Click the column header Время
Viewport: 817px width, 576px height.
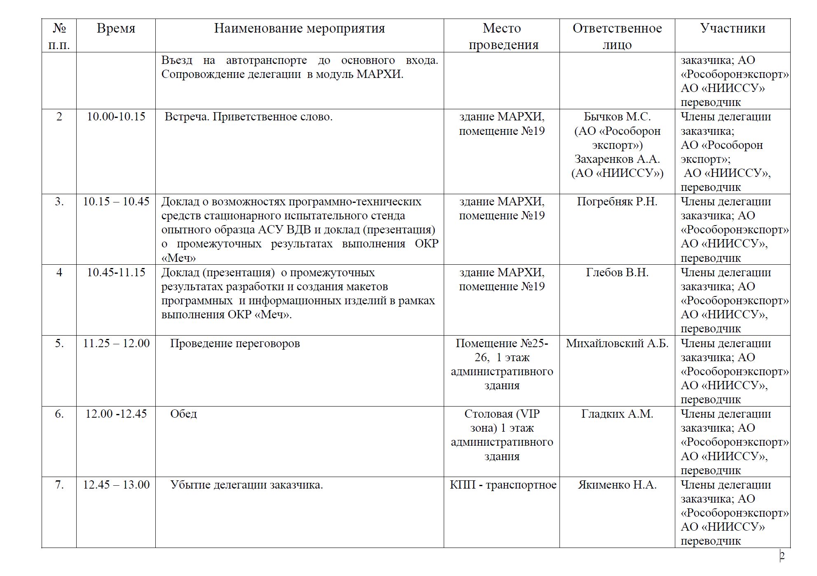click(x=116, y=28)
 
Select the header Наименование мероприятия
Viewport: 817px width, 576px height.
click(x=300, y=28)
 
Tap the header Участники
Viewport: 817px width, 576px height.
click(x=733, y=28)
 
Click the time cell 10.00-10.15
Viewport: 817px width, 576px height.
click(x=116, y=117)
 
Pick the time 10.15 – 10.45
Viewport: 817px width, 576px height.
click(x=116, y=202)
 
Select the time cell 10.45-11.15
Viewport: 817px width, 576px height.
click(x=116, y=273)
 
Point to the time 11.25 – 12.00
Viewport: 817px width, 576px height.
click(x=116, y=343)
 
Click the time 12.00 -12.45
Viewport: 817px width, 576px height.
click(x=116, y=414)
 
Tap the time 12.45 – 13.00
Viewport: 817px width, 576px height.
click(x=116, y=485)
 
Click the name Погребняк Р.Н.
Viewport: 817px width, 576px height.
click(x=617, y=202)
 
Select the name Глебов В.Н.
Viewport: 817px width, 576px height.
click(x=617, y=273)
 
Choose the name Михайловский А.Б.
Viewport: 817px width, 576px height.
click(x=617, y=343)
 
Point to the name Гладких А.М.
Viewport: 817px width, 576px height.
click(x=617, y=414)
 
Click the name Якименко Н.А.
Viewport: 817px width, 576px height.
click(x=617, y=485)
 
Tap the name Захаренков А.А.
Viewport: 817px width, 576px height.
click(x=617, y=159)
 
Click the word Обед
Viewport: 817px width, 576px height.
click(x=183, y=414)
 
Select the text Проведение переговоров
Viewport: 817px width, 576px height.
click(x=235, y=343)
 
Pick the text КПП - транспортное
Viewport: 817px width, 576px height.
click(x=503, y=485)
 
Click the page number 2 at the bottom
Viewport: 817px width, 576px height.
click(x=782, y=556)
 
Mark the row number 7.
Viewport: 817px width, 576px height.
click(x=59, y=485)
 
